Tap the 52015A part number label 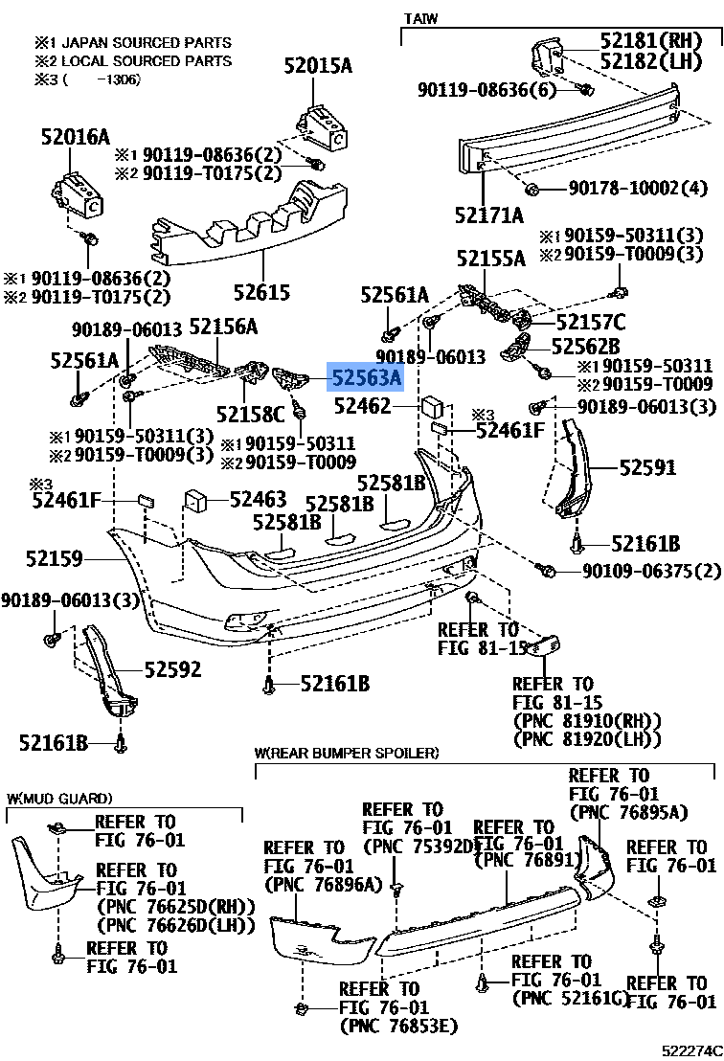tap(317, 66)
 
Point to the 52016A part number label tap(75, 137)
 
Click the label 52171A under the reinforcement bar tap(489, 214)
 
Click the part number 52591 tap(646, 467)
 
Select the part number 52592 tap(172, 669)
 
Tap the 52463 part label tap(258, 499)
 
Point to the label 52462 tap(364, 407)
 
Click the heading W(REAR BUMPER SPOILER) tap(346, 753)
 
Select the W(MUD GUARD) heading tap(59, 798)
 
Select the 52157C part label tap(590, 322)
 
